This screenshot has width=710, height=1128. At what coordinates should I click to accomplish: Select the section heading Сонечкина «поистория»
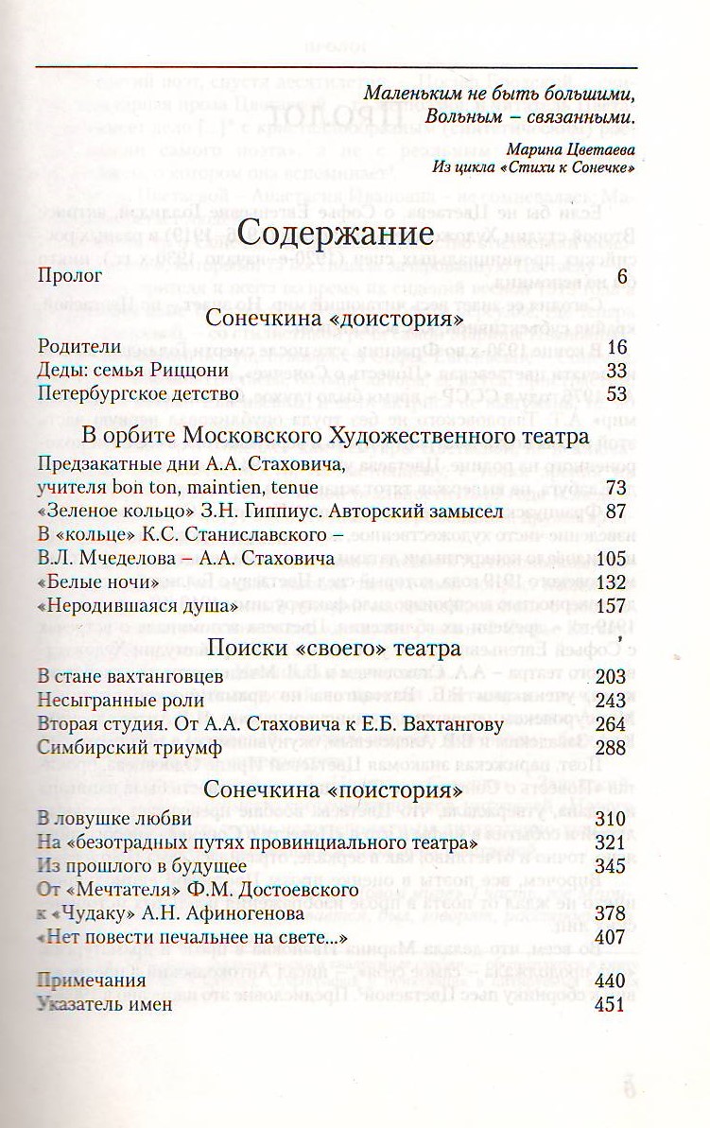pos(333,790)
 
